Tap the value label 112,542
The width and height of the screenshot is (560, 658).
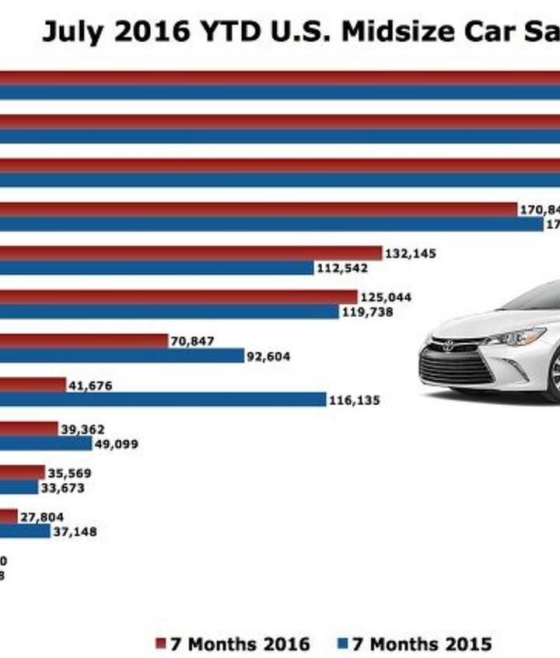click(341, 268)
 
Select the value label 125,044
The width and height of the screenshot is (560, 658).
click(386, 297)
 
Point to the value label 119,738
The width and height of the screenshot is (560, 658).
click(367, 311)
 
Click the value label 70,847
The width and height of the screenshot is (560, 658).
click(192, 340)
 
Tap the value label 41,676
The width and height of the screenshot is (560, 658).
click(90, 385)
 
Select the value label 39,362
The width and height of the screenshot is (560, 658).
click(82, 429)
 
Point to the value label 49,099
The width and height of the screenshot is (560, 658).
click(115, 444)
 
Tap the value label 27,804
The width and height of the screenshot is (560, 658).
click(42, 516)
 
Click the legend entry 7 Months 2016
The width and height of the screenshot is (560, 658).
click(233, 644)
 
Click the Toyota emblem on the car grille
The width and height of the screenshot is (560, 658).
click(449, 347)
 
